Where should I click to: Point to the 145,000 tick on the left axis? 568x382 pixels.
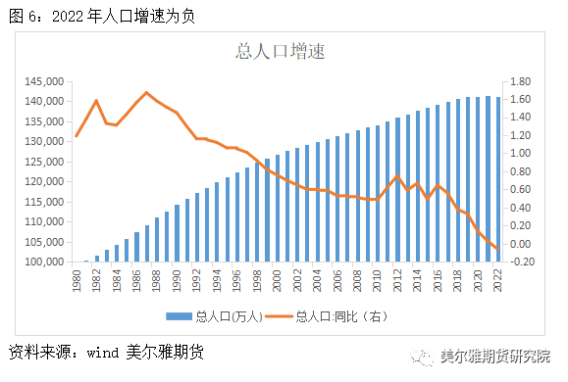click(x=43, y=82)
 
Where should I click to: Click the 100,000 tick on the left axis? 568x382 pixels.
click(x=43, y=263)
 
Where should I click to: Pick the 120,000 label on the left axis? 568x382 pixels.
click(x=43, y=182)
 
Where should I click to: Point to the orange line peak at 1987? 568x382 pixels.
click(x=147, y=93)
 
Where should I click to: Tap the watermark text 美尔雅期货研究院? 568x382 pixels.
click(x=495, y=356)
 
